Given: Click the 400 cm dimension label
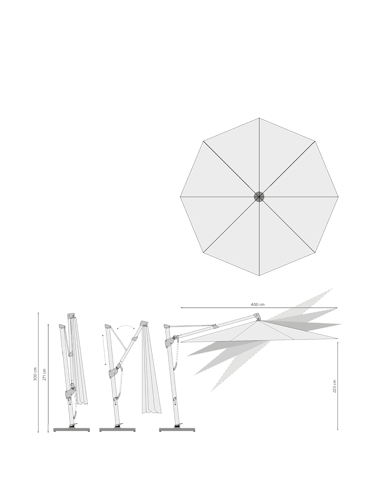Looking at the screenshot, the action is (258, 305).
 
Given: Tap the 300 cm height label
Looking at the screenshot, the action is (35, 374).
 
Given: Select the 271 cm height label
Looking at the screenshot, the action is (45, 374).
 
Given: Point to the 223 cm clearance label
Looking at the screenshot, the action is (334, 386).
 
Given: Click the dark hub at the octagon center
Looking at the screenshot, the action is (259, 197).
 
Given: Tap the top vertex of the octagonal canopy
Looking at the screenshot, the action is (259, 118).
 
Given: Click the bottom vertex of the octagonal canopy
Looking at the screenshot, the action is (259, 276).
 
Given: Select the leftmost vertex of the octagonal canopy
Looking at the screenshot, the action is (180, 197).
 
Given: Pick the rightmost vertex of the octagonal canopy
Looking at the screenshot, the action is (338, 197).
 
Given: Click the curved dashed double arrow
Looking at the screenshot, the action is (126, 326).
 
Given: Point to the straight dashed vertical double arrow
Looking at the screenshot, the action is (104, 350).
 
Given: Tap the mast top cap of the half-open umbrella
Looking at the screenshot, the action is (108, 326).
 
